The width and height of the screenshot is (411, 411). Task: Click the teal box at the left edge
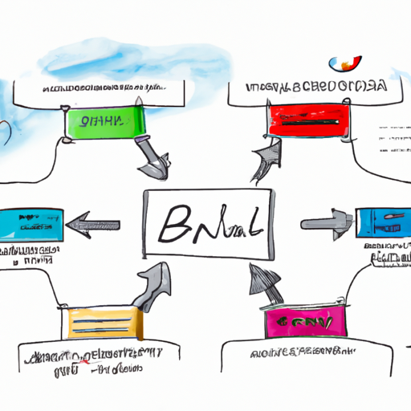click(30, 224)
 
